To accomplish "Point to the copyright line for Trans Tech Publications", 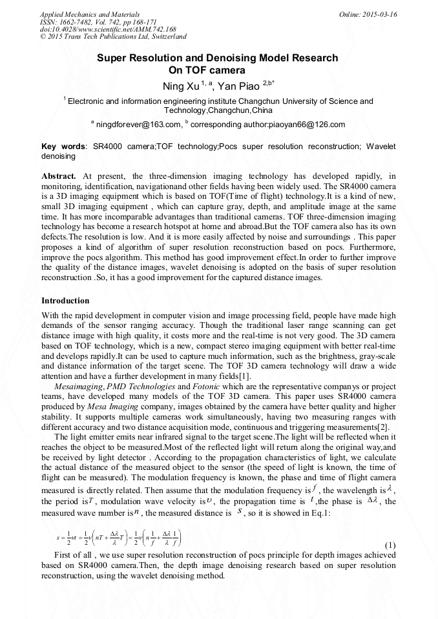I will tap(113, 37).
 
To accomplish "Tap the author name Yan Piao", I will tap(238, 86).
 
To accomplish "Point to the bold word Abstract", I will tap(59, 176).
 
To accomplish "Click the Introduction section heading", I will tap(65, 301).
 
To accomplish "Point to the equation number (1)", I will tap(390, 546).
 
